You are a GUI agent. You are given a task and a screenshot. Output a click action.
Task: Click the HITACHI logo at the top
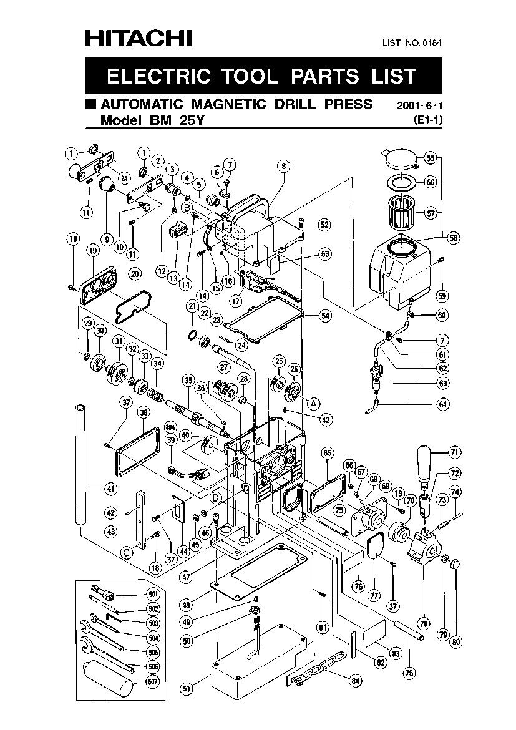click(x=139, y=38)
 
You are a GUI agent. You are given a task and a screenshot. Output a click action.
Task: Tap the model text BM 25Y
click(x=177, y=120)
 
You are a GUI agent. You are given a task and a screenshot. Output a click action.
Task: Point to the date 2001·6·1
click(x=419, y=105)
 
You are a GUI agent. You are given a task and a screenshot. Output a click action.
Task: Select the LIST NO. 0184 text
click(x=412, y=43)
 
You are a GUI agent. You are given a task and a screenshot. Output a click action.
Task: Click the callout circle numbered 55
click(x=431, y=158)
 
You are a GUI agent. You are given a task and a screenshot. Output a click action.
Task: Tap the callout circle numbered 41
click(x=110, y=489)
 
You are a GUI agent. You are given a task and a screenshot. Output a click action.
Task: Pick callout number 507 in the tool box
click(x=153, y=682)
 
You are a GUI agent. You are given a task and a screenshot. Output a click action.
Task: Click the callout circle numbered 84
click(x=356, y=681)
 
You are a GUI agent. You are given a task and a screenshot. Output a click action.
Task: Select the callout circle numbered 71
click(x=454, y=452)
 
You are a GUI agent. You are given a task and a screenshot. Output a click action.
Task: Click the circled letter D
click(x=216, y=498)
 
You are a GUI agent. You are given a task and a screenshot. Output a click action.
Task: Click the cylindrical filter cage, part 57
click(x=401, y=213)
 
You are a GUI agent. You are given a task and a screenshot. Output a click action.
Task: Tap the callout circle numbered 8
click(x=283, y=166)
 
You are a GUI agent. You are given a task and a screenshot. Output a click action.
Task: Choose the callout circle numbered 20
click(x=135, y=274)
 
